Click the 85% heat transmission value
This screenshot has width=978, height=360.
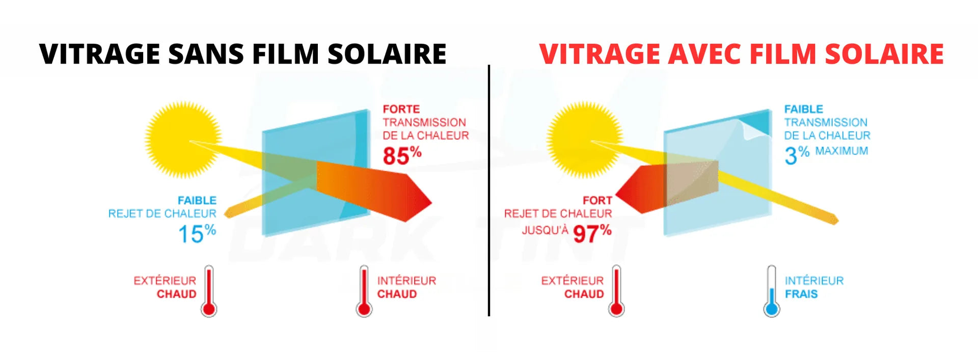(402, 156)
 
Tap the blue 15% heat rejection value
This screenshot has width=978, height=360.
(197, 234)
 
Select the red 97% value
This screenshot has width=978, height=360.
(592, 233)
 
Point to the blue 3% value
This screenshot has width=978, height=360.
(797, 155)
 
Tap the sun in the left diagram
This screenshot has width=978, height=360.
(183, 139)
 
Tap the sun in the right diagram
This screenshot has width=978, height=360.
(585, 139)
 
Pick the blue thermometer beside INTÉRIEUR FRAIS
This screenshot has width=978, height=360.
(772, 291)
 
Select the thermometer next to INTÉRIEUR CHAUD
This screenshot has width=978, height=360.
(364, 291)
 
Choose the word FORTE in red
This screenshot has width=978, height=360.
(401, 109)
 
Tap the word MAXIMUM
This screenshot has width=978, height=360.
(841, 151)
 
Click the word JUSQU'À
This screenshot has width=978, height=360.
(545, 230)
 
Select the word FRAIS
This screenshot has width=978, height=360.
(801, 294)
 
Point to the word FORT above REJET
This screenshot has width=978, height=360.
(597, 200)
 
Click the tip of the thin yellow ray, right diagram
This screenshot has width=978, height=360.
(836, 220)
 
